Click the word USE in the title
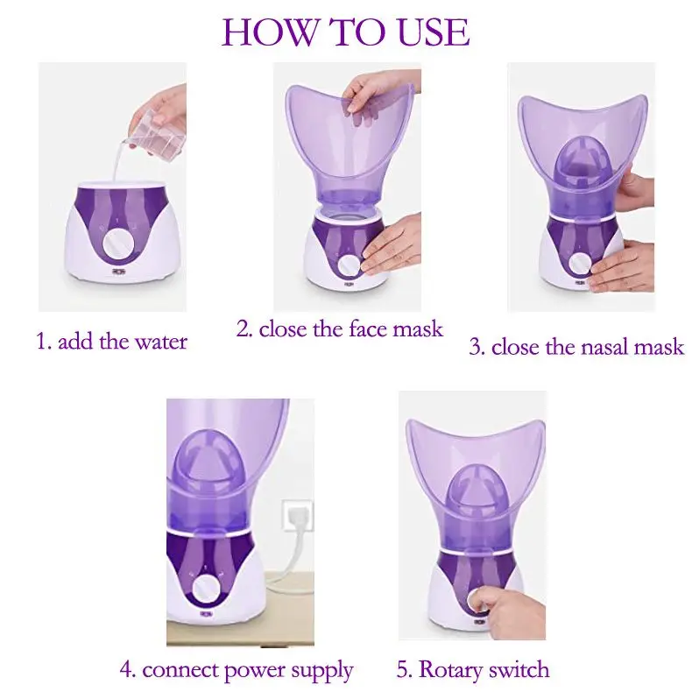(x=434, y=32)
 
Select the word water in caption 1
(x=160, y=342)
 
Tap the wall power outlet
(x=297, y=514)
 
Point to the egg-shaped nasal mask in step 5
(x=470, y=487)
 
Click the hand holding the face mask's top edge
(x=380, y=95)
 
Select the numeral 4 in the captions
(x=126, y=670)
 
